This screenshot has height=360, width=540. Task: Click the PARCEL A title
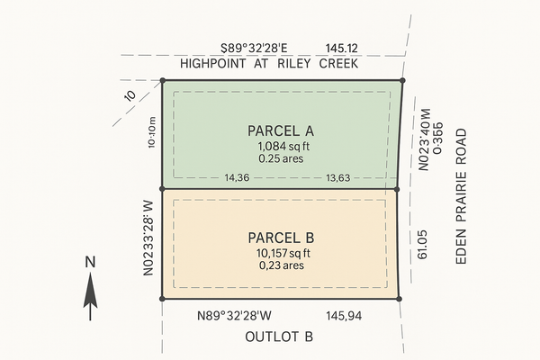click(x=279, y=131)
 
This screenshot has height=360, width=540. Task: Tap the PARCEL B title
click(x=279, y=238)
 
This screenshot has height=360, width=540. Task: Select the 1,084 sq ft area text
click(x=279, y=146)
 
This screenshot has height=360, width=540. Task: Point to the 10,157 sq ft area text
click(x=279, y=253)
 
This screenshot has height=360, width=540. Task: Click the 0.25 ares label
click(x=279, y=159)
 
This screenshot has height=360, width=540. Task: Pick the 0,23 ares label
click(x=279, y=265)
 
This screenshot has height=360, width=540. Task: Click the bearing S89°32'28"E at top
click(x=263, y=49)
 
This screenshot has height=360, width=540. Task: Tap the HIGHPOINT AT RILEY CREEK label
click(x=270, y=64)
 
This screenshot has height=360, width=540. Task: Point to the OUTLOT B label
click(x=279, y=337)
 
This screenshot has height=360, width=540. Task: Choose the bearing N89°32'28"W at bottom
click(x=239, y=317)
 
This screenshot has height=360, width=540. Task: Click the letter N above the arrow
click(x=90, y=263)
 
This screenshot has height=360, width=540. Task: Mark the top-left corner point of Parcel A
click(x=162, y=80)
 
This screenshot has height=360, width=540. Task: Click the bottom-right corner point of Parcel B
click(x=399, y=298)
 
